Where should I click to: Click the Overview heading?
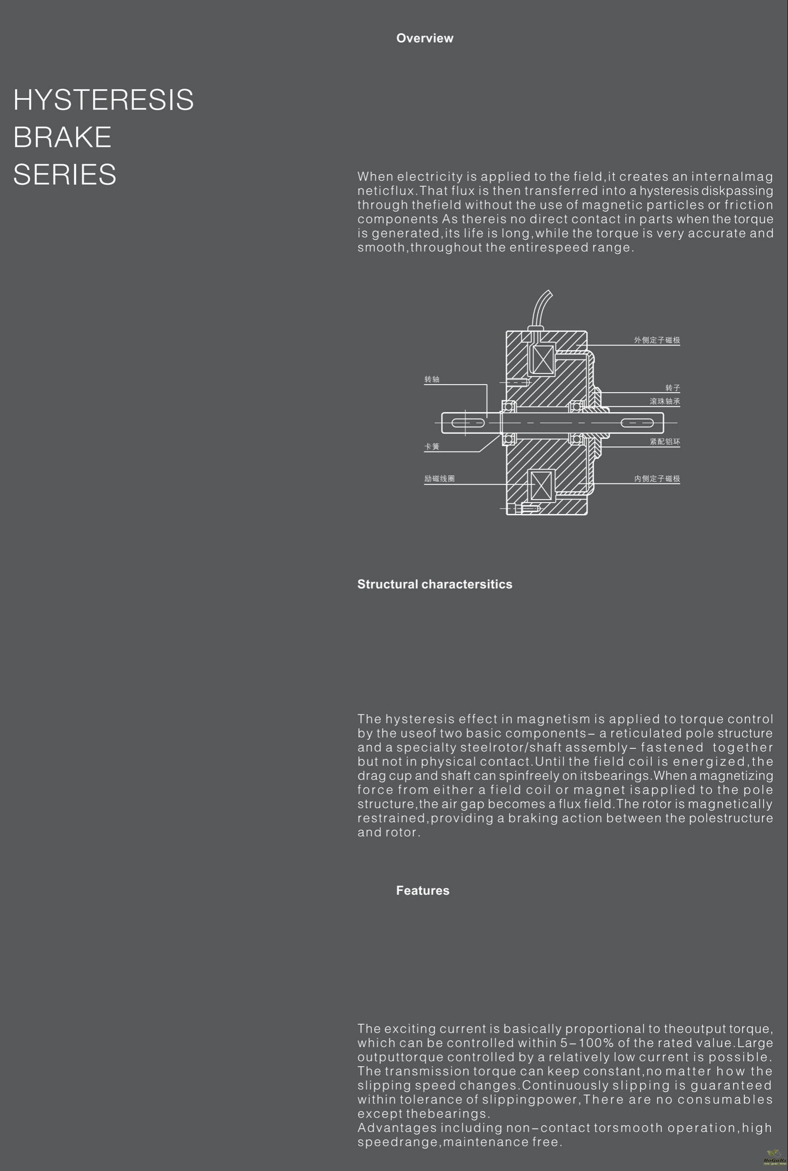(425, 38)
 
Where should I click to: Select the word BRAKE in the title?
(62, 137)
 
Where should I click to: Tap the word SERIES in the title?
(64, 174)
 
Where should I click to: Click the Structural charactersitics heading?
(434, 584)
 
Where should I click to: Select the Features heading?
(422, 890)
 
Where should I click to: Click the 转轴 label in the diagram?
(432, 379)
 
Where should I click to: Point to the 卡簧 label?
(432, 446)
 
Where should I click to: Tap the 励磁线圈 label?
(439, 478)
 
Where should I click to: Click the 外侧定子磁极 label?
(656, 340)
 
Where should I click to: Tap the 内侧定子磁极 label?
(656, 478)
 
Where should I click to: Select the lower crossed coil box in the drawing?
(541, 486)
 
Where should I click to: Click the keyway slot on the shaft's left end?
(467, 423)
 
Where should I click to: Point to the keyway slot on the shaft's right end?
(637, 423)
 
